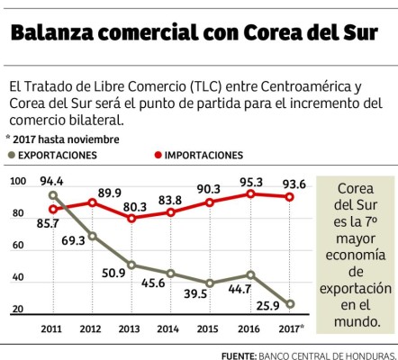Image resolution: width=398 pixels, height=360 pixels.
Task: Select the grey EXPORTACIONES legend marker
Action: [x=11, y=155]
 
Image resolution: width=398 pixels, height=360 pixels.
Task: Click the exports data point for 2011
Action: [x=53, y=195]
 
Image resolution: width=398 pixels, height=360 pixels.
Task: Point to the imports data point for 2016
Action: [x=251, y=193]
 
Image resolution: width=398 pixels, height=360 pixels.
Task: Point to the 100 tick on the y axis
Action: [x=17, y=184]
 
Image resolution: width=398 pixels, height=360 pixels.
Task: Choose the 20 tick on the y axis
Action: [x=17, y=310]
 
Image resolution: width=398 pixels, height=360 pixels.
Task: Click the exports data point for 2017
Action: [x=288, y=303]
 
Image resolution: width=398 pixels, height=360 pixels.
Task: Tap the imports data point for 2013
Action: [x=132, y=218]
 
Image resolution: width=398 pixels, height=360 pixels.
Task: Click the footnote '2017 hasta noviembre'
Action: [x=62, y=139]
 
